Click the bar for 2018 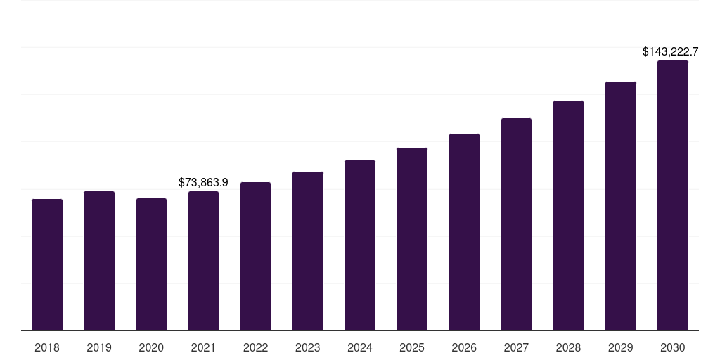coord(47,264)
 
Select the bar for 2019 coord(99,261)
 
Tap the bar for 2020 coord(151,264)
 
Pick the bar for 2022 coord(255,256)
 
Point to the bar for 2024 coord(360,245)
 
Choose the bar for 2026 coord(464,232)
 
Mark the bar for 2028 coord(568,215)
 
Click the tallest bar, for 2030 coord(673,195)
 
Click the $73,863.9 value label coord(203,182)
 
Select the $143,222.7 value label coord(671,52)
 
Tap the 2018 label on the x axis coord(47,347)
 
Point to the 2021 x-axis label coord(203,347)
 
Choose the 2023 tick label coord(307,347)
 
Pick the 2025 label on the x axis coord(412,347)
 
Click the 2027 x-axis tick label coord(516,347)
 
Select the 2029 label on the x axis coord(620,347)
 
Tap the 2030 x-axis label coord(673,347)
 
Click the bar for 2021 coord(203,261)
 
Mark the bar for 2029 coord(620,206)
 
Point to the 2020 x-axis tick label coord(151,347)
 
